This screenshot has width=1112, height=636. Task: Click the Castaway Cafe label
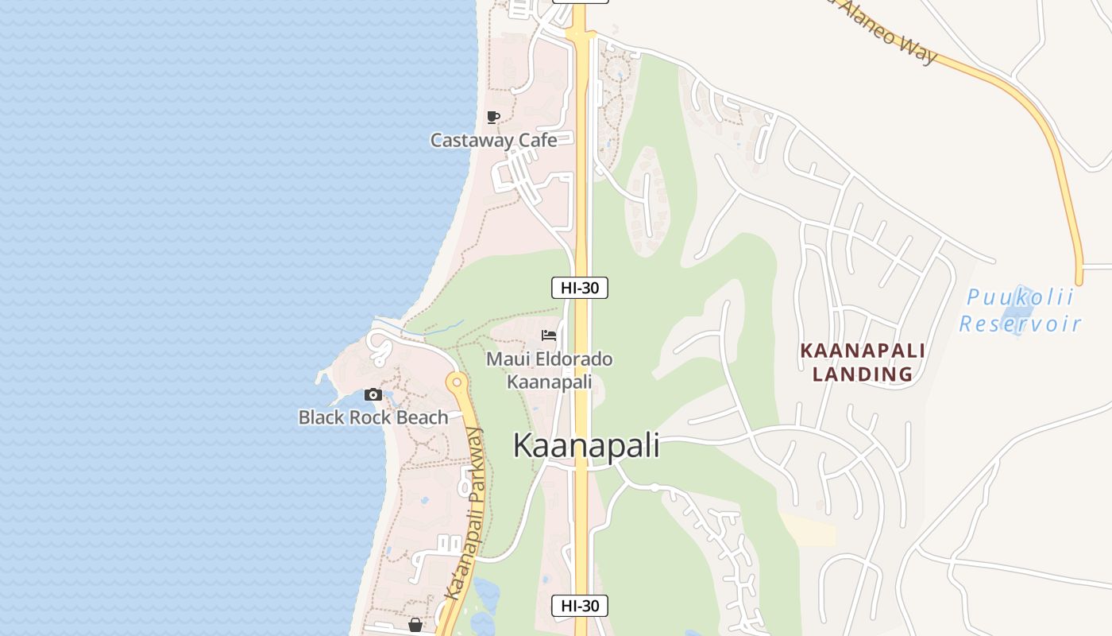click(x=493, y=141)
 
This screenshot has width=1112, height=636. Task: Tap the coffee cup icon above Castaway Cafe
click(x=493, y=118)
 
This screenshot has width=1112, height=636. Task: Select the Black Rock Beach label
click(x=373, y=417)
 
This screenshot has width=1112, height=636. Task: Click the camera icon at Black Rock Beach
click(x=373, y=394)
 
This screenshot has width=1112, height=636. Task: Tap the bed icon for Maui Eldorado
click(x=549, y=335)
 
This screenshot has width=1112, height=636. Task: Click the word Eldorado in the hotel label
click(x=575, y=359)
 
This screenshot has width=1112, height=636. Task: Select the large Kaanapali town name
click(x=586, y=445)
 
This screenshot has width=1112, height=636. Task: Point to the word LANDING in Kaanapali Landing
click(x=862, y=374)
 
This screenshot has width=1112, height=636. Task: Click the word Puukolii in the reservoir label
click(x=1020, y=298)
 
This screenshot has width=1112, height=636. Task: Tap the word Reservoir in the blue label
click(x=1020, y=324)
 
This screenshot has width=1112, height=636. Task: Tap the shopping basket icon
click(x=415, y=626)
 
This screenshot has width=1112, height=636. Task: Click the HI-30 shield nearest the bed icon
click(x=580, y=288)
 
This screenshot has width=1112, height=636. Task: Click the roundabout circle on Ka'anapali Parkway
click(x=455, y=382)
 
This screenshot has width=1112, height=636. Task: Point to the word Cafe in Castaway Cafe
click(x=537, y=141)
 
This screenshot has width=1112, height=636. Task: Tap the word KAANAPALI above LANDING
click(x=862, y=351)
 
